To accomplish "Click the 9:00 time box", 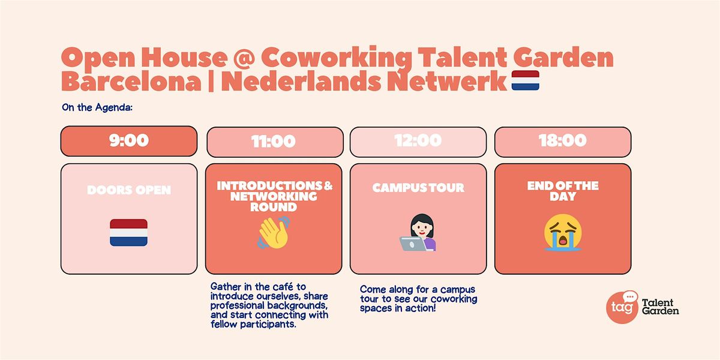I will point(128,141).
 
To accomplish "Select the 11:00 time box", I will point(274,142).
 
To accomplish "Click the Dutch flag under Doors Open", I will point(128,233).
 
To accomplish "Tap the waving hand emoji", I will point(274,233).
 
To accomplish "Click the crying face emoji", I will point(562,233).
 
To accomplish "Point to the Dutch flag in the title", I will point(525,81).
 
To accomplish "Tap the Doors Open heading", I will point(128,190).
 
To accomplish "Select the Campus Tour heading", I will point(418,188).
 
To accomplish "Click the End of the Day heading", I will point(562,191).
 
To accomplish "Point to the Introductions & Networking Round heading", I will point(274,196).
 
